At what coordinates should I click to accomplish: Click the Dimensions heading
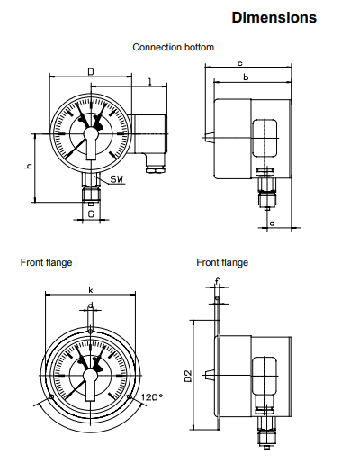tap(274, 17)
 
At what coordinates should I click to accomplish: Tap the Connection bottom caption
tap(174, 47)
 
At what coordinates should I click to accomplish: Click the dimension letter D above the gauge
tap(91, 72)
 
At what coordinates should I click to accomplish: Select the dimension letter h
tap(29, 166)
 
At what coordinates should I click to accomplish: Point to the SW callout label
tap(117, 179)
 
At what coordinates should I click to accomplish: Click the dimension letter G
tap(91, 214)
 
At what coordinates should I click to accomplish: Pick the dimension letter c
tap(239, 63)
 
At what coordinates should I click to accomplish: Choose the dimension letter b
tap(246, 77)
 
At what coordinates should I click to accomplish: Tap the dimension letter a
tap(273, 223)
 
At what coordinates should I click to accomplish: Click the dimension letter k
tap(91, 290)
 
